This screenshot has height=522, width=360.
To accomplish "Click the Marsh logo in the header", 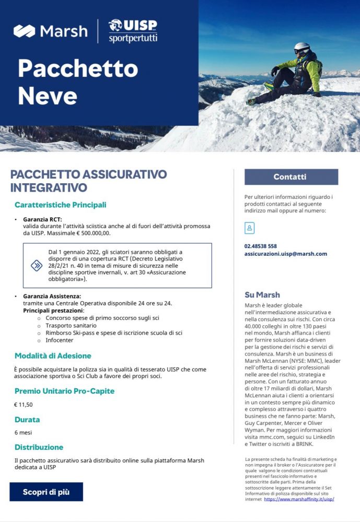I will pyautogui.click(x=51, y=31).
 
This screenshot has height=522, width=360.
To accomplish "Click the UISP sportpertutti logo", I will pyautogui.click(x=133, y=31).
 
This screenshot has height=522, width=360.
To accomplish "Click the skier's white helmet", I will pyautogui.click(x=301, y=48).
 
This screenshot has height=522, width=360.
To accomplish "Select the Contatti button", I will pyautogui.click(x=291, y=177).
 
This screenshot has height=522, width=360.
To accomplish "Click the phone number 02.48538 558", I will pyautogui.click(x=260, y=246).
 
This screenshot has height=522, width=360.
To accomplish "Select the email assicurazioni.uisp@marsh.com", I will pyautogui.click(x=285, y=254).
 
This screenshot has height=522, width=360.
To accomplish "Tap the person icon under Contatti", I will pyautogui.click(x=249, y=228).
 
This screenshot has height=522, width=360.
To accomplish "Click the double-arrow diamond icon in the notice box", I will pyautogui.click(x=37, y=265).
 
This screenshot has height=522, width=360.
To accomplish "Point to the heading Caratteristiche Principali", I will pyautogui.click(x=60, y=205).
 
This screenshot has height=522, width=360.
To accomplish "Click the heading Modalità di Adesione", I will pyautogui.click(x=53, y=356).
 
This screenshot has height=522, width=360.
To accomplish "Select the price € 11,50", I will pyautogui.click(x=24, y=405).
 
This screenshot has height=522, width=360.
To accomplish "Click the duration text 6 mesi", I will pyautogui.click(x=24, y=433).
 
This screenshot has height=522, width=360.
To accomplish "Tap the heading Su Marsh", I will pyautogui.click(x=262, y=294).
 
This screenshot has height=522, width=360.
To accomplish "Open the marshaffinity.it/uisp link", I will pyautogui.click(x=299, y=499).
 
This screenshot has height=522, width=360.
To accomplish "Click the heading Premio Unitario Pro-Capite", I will pyautogui.click(x=64, y=391).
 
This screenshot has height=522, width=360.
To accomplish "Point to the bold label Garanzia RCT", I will pyautogui.click(x=42, y=219).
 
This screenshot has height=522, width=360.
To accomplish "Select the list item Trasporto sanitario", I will pyautogui.click(x=68, y=325).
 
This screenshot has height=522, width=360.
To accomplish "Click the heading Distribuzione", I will pyautogui.click(x=39, y=447).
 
